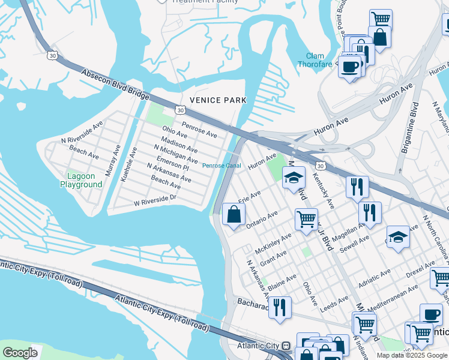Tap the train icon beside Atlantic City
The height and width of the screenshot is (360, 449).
pyautogui.click(x=286, y=346)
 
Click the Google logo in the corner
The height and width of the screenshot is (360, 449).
pyautogui.click(x=20, y=353)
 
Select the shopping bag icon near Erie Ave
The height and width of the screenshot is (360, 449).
pyautogui.click(x=234, y=214)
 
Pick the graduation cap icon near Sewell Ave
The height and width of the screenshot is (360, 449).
pyautogui.click(x=397, y=237)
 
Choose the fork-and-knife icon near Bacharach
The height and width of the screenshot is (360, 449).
pyautogui.click(x=279, y=307)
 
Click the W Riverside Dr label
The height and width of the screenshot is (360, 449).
pyautogui.click(x=155, y=200)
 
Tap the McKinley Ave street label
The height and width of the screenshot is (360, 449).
pyautogui.click(x=273, y=241)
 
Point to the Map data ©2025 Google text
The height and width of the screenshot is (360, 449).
pyautogui.click(x=411, y=355)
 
